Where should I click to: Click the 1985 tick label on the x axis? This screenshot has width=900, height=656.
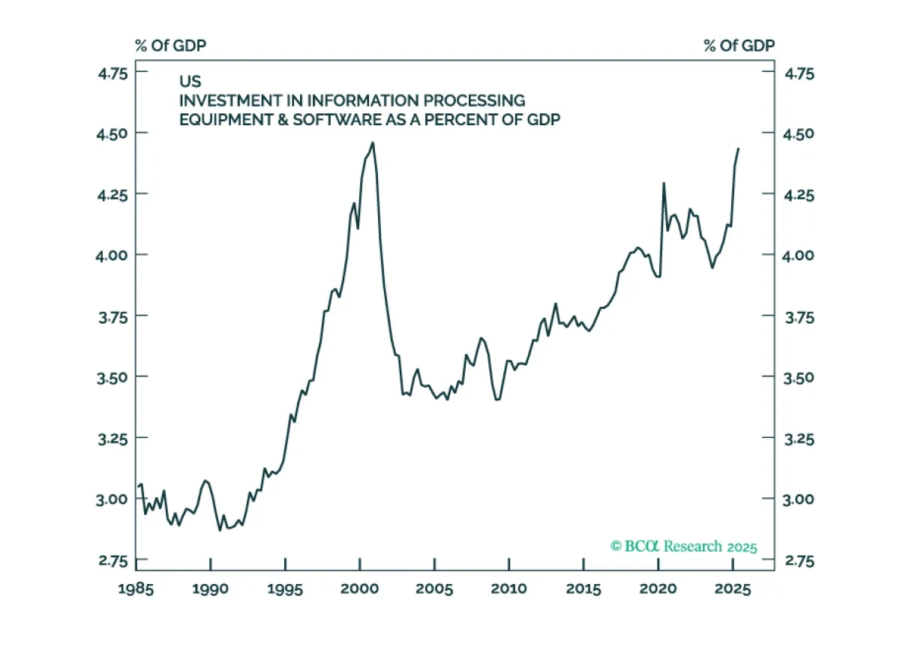point(136,589)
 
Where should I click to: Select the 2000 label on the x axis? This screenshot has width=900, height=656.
point(360,589)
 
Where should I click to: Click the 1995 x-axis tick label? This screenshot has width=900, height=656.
point(285,589)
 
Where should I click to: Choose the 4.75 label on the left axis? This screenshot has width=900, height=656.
point(110,73)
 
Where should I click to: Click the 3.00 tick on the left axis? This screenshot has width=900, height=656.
point(110,499)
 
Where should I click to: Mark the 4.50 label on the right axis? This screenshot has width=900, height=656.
point(798,133)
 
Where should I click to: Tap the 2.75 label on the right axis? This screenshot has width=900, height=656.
point(798,560)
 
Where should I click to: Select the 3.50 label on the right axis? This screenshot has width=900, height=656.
point(798,377)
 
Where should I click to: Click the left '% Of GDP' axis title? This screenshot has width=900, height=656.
point(170,46)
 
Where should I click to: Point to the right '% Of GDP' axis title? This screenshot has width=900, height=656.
point(739,46)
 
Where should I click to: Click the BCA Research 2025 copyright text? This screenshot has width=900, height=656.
point(684,547)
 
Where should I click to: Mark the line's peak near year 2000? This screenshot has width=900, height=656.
point(373,142)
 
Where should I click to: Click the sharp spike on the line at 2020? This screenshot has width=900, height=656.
point(663,182)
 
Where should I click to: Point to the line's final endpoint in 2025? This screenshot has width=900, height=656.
point(738,148)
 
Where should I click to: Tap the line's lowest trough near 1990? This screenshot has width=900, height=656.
point(220,530)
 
